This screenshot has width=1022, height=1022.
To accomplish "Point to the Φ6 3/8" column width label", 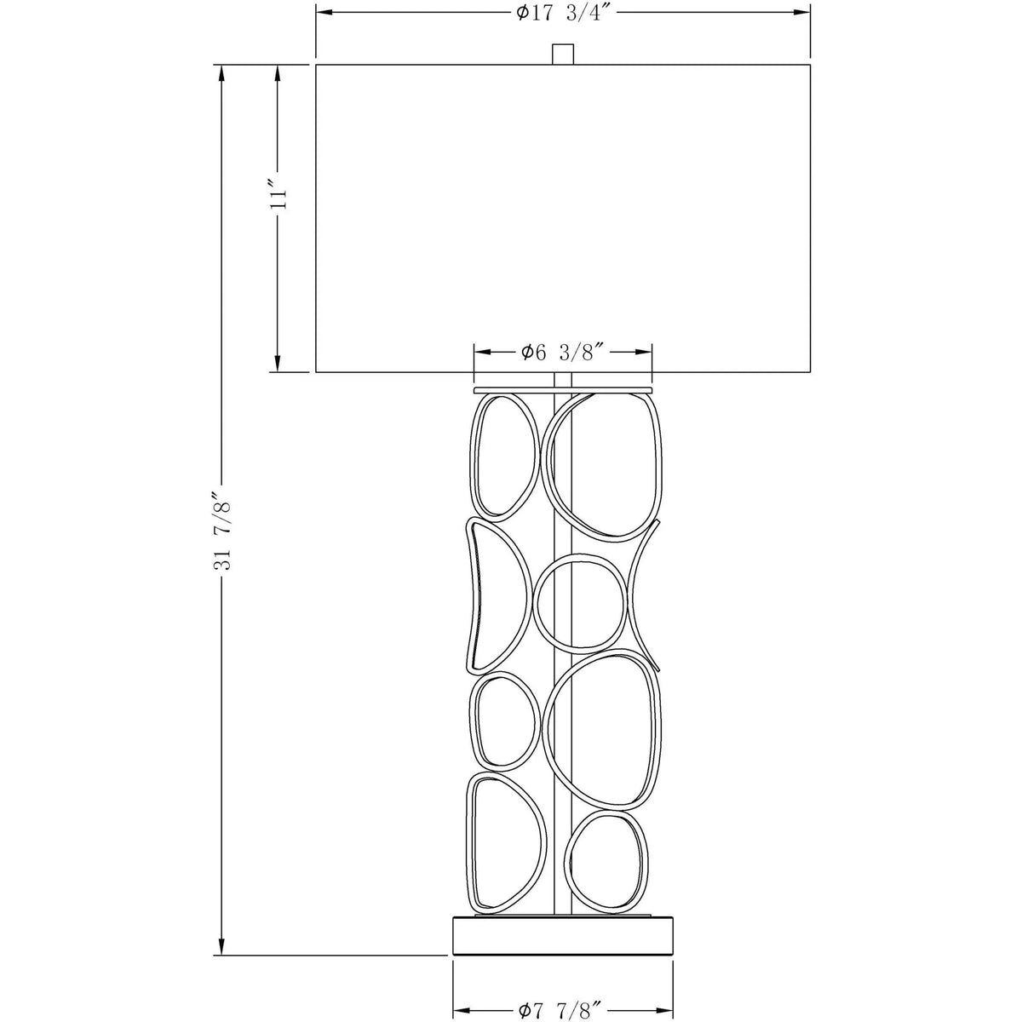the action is pos(563,352).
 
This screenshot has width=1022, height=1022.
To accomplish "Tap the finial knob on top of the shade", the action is pos(563,55).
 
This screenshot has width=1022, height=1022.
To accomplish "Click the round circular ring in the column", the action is pos(580,601).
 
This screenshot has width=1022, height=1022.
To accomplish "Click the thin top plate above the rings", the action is pos(562,390).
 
